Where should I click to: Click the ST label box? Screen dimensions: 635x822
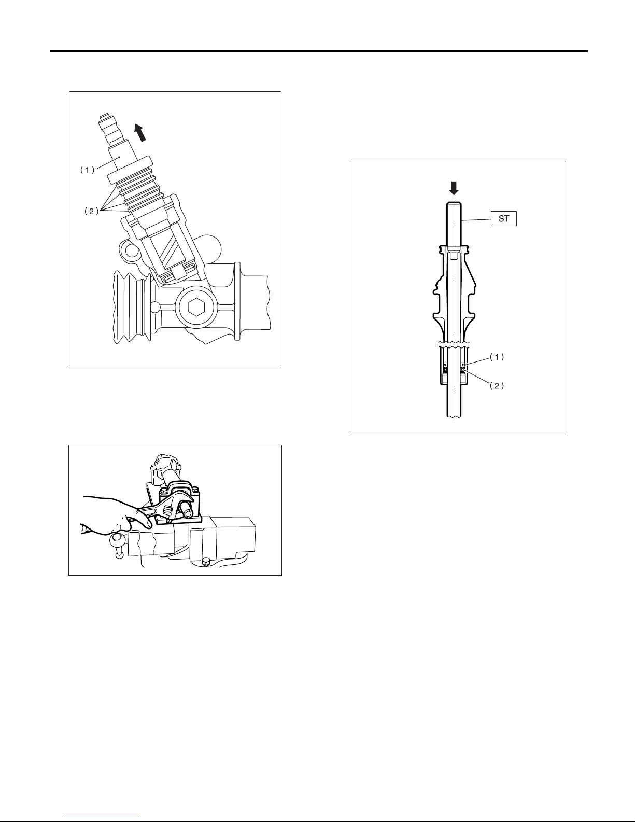click(503, 219)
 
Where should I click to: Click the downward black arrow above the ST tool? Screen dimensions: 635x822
click(454, 188)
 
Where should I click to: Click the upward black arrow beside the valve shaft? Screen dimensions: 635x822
click(140, 132)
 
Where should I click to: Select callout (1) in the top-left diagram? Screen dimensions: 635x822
click(87, 170)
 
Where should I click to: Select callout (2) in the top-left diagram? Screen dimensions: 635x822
click(91, 212)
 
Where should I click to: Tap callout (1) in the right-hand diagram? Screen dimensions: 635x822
click(497, 357)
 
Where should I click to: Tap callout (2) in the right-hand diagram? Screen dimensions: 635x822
click(497, 386)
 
